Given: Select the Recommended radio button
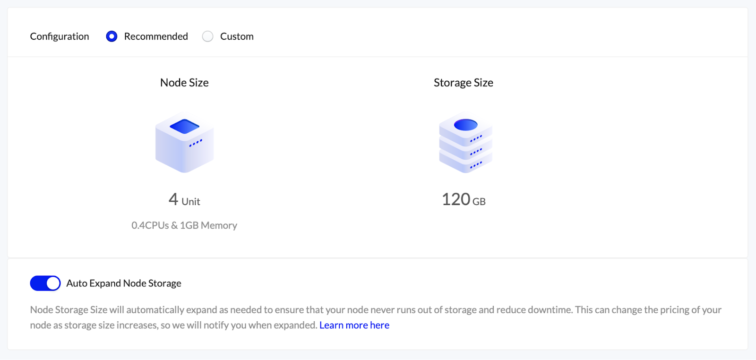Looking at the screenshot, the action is (x=112, y=36).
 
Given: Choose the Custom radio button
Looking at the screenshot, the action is (x=207, y=36).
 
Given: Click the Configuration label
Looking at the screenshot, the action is (x=60, y=36).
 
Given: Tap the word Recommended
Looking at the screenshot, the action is (x=156, y=36).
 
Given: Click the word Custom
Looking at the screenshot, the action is (x=237, y=36).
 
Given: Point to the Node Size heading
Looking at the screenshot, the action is (x=184, y=83).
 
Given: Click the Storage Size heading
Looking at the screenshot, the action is (x=464, y=83).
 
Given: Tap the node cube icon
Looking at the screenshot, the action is (x=184, y=142).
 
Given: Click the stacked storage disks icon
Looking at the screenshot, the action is (x=465, y=142).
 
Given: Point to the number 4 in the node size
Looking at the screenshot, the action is (x=173, y=199).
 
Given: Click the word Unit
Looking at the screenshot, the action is (x=191, y=201).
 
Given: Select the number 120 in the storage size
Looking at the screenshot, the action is (x=456, y=199).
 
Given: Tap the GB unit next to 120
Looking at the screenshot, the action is (x=479, y=201).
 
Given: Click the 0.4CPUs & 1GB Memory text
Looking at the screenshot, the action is (x=184, y=225).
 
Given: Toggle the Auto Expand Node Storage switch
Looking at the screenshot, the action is (x=45, y=283).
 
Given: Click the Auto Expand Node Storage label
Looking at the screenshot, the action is (x=124, y=283).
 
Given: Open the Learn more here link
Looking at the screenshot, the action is (x=354, y=325).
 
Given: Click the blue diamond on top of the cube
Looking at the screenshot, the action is (x=184, y=127).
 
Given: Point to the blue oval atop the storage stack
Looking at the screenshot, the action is (x=466, y=125).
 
